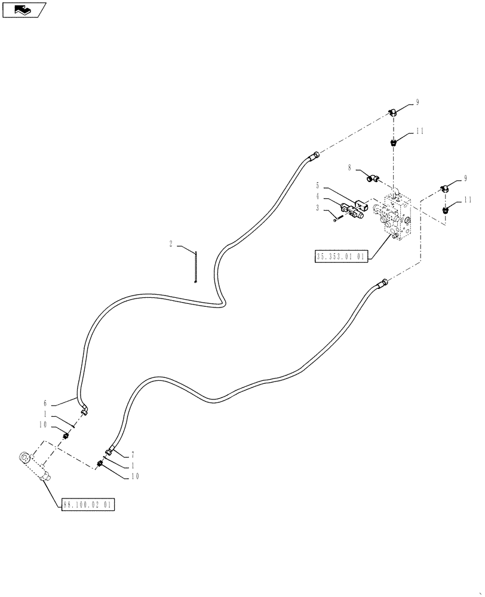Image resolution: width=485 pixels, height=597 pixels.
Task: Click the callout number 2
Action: tap(171, 244)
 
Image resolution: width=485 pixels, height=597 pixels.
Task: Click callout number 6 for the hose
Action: tap(44, 403)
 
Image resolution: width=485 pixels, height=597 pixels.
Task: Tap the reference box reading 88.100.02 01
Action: tap(87, 505)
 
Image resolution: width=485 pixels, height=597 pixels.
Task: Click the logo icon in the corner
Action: tap(24, 10)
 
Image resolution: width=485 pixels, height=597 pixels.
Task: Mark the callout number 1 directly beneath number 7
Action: tap(132, 465)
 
